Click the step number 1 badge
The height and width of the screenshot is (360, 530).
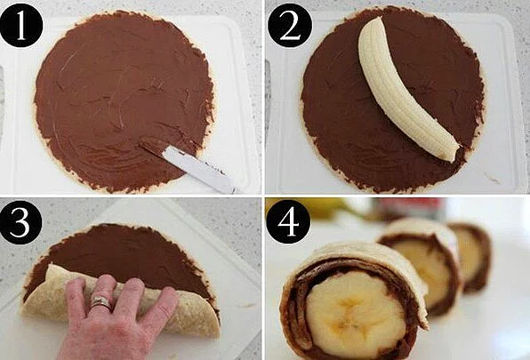(21, 26)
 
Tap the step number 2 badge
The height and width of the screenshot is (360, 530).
(290, 26)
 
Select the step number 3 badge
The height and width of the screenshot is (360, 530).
(20, 222)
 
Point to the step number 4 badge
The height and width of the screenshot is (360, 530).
(288, 222)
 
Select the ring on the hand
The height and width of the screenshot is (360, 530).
(100, 301)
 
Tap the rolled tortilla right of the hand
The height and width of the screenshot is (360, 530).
(196, 312)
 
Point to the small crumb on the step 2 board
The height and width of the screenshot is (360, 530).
(492, 178)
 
